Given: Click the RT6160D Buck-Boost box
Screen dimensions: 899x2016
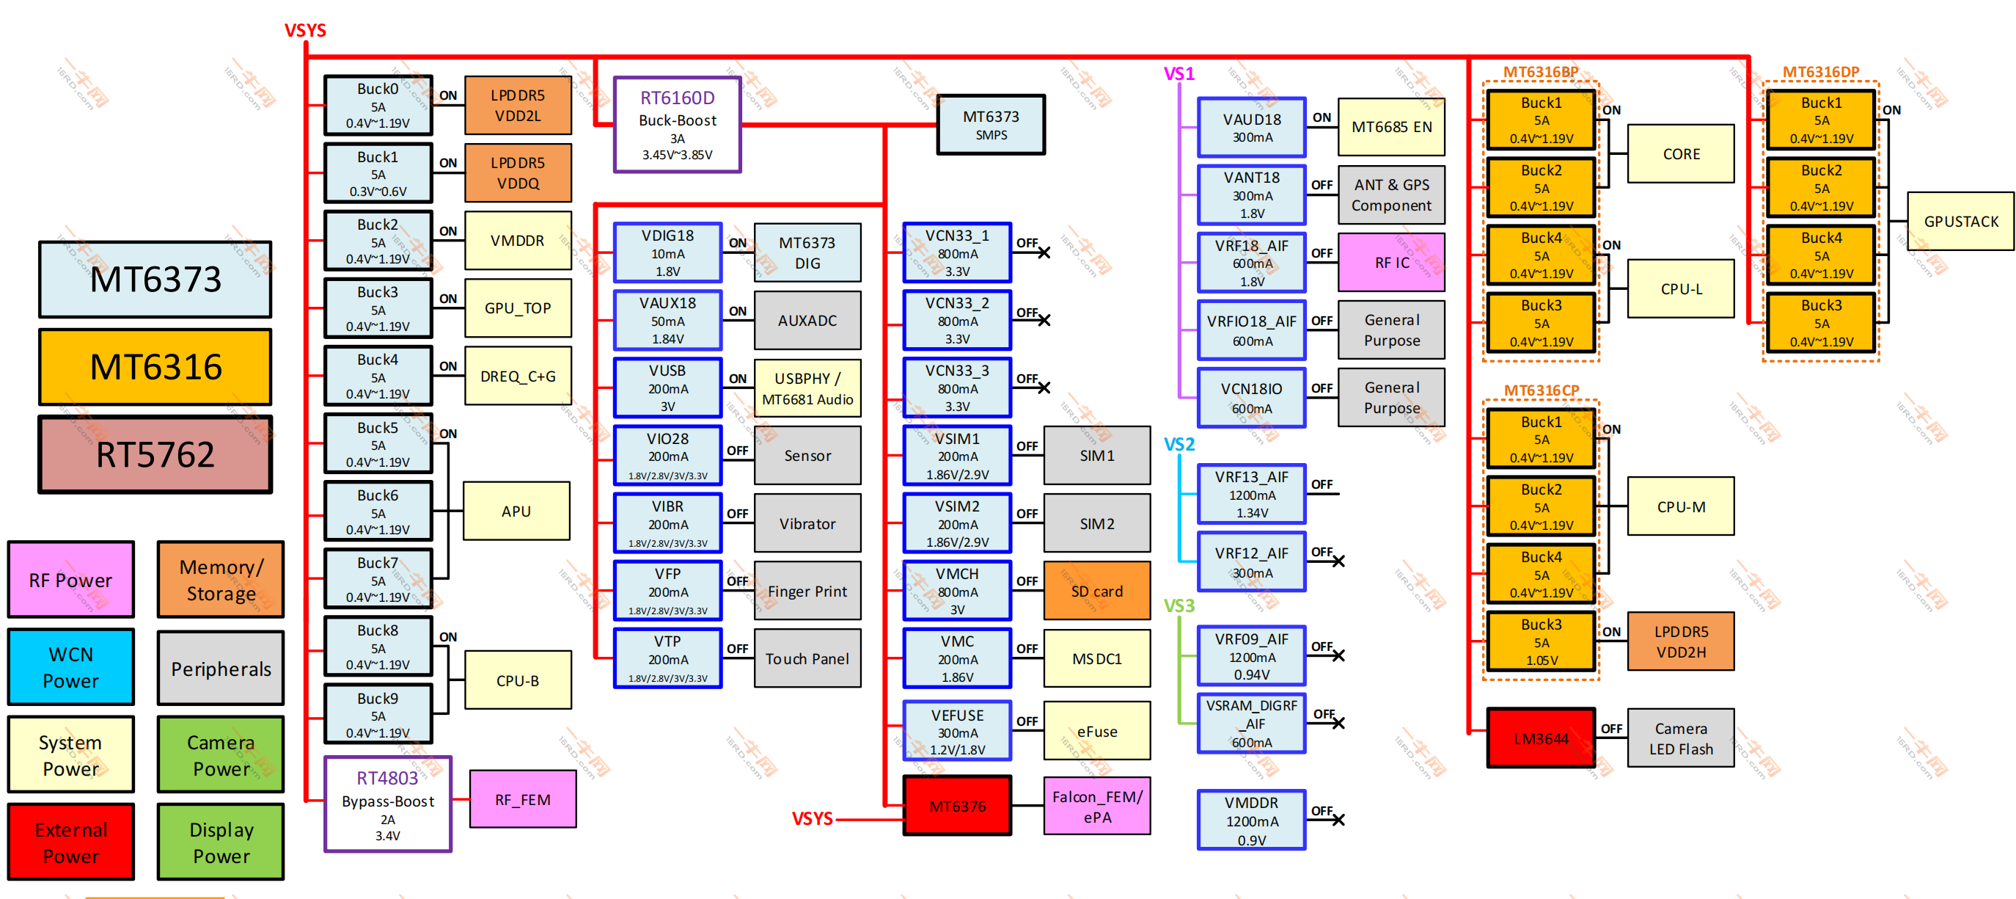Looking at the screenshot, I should click(x=677, y=125).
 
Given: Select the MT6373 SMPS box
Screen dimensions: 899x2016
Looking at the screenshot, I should click(x=991, y=125).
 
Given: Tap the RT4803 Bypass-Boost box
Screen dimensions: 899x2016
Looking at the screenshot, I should click(x=387, y=804).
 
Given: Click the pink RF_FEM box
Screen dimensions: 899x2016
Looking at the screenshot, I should click(x=523, y=799).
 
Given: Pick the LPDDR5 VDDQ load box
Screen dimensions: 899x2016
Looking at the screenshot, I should click(x=517, y=173).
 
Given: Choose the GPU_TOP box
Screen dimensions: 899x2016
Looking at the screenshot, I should click(x=517, y=307).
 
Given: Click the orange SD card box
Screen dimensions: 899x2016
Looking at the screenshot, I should click(x=1096, y=592).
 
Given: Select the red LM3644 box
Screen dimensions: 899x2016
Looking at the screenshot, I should click(x=1540, y=738).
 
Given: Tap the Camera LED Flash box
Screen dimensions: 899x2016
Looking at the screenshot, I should click(x=1680, y=738).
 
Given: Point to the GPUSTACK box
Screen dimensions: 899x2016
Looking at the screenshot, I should click(x=1960, y=222).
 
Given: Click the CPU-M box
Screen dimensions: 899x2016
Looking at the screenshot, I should click(x=1680, y=506).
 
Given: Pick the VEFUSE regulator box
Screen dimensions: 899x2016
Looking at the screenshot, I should click(x=957, y=732).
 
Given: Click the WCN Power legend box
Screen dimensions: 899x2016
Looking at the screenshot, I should click(x=70, y=667).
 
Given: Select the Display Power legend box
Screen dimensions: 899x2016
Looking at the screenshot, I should click(x=221, y=842).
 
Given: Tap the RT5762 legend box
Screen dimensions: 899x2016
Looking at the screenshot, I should click(x=155, y=455).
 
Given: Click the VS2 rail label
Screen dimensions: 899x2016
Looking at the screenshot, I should click(x=1179, y=445).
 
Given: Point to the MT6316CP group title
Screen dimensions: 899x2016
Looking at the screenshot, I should click(x=1541, y=390).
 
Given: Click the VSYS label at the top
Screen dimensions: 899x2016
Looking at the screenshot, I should click(x=304, y=31).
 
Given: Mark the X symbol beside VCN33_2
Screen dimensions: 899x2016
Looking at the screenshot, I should click(x=1044, y=320).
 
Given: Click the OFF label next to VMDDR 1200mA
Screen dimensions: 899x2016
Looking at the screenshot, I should click(x=1321, y=810).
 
